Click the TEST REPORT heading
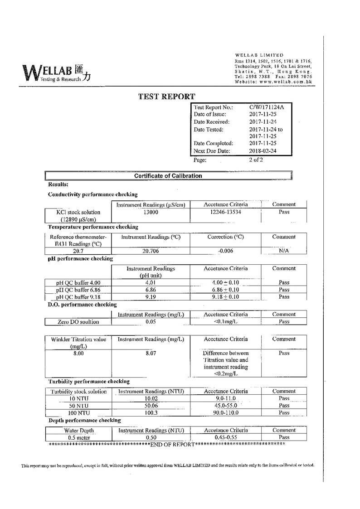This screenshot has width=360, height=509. (166, 96)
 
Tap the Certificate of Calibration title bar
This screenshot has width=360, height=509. (168, 176)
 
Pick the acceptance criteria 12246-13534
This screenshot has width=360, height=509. (225, 212)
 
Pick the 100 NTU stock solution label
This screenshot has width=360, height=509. (78, 413)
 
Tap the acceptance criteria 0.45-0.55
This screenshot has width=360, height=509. (225, 437)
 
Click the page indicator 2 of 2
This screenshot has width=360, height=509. (256, 160)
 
